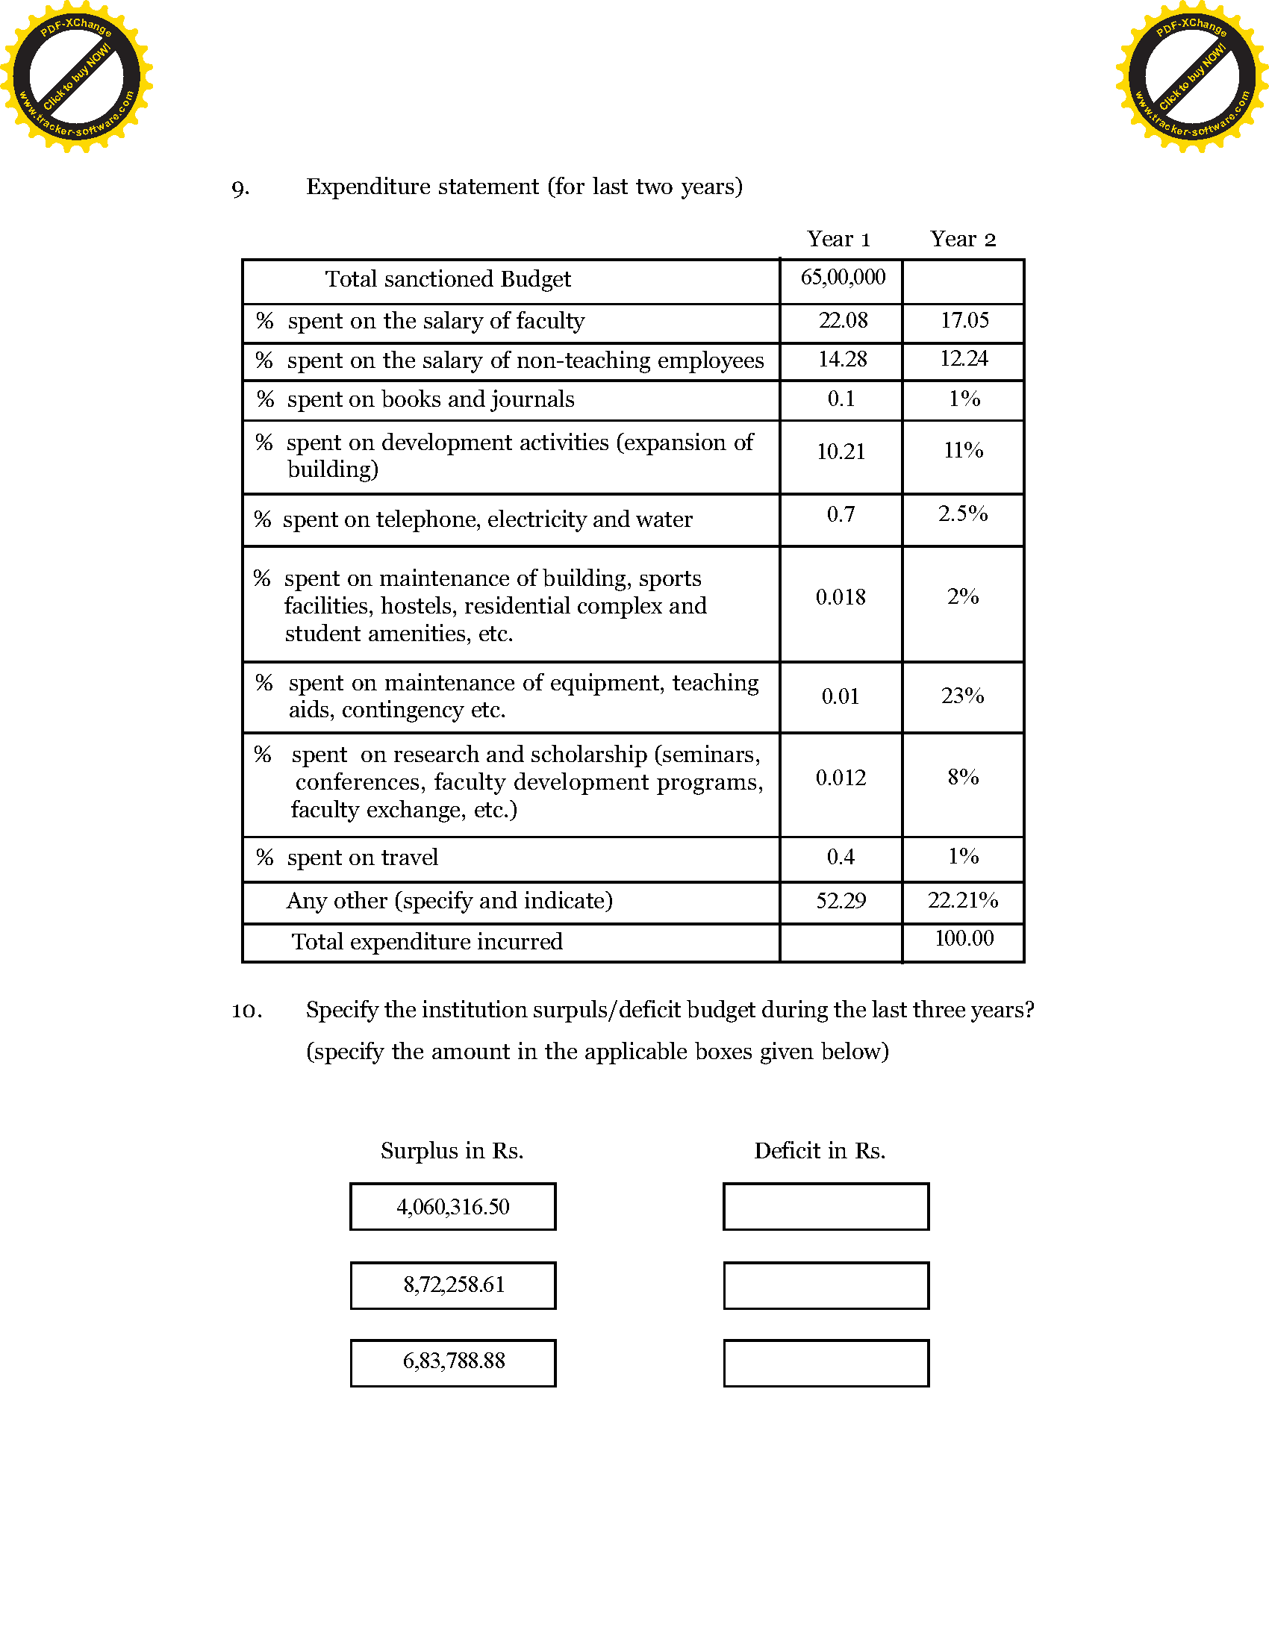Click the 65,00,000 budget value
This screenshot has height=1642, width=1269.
click(x=842, y=278)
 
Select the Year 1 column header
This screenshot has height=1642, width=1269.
click(x=838, y=239)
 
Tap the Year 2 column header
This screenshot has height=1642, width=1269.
click(x=962, y=239)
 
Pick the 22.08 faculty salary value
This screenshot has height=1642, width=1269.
click(x=843, y=321)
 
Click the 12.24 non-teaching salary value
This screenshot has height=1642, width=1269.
click(x=964, y=358)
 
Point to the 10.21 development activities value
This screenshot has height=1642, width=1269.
click(x=841, y=452)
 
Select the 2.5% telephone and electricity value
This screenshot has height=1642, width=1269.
click(x=962, y=513)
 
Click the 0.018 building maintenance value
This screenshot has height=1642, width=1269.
click(x=841, y=598)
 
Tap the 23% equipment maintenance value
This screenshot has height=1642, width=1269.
click(x=962, y=696)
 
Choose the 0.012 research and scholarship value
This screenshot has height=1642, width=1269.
click(x=841, y=778)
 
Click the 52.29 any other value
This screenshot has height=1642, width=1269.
click(x=841, y=901)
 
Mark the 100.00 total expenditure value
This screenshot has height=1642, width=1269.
click(x=964, y=938)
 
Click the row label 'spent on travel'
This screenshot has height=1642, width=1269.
click(x=362, y=858)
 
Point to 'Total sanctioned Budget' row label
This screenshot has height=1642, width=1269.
click(x=448, y=280)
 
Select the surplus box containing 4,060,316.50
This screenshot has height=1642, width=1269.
click(x=452, y=1207)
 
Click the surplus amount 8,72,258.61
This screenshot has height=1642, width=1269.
click(x=453, y=1285)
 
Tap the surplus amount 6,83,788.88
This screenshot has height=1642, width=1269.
click(x=453, y=1361)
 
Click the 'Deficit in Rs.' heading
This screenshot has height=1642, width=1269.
click(x=820, y=1151)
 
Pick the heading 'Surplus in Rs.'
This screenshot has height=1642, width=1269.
click(x=452, y=1151)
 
